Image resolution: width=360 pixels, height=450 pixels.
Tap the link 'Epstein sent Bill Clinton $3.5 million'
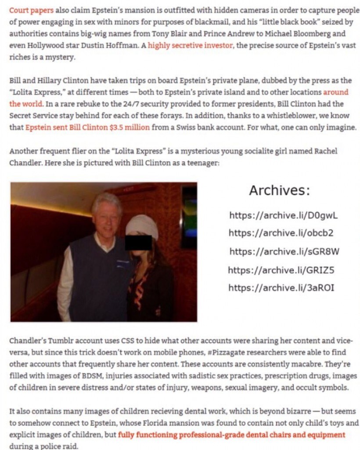pos(87,127)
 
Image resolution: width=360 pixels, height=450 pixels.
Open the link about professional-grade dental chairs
pos(231,435)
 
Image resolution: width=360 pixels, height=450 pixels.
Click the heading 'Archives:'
pos(280,190)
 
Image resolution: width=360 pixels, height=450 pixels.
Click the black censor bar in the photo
pos(139,242)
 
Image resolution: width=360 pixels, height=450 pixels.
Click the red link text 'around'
pos(335,92)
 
